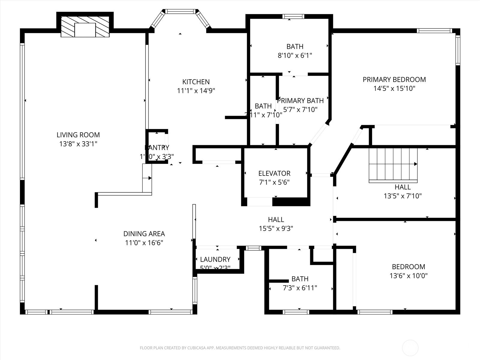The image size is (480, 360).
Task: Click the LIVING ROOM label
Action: (x=78, y=135)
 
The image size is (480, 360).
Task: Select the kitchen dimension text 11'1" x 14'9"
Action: (x=196, y=91)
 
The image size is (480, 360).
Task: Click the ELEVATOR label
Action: (x=274, y=173)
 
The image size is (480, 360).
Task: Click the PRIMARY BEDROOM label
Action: (x=394, y=79)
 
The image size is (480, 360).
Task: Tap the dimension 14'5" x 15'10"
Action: (x=394, y=88)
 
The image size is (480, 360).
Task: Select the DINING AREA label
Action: (x=144, y=234)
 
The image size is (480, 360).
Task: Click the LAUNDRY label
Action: (x=215, y=259)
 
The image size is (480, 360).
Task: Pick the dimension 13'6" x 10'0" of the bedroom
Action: (x=408, y=276)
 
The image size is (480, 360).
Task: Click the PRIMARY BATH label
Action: (x=300, y=101)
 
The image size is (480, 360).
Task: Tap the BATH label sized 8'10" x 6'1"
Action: (x=295, y=46)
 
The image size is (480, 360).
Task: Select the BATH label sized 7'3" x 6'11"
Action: (x=300, y=279)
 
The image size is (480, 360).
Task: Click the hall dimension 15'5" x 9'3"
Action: (x=276, y=229)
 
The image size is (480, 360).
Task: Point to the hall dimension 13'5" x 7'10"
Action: (x=403, y=196)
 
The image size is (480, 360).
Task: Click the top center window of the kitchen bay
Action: (x=180, y=11)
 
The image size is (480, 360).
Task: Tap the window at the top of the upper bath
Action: (x=293, y=16)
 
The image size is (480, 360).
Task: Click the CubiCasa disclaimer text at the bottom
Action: (x=240, y=348)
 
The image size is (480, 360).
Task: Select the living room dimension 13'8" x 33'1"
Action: (x=78, y=144)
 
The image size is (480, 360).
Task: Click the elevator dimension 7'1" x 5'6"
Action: (x=274, y=182)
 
